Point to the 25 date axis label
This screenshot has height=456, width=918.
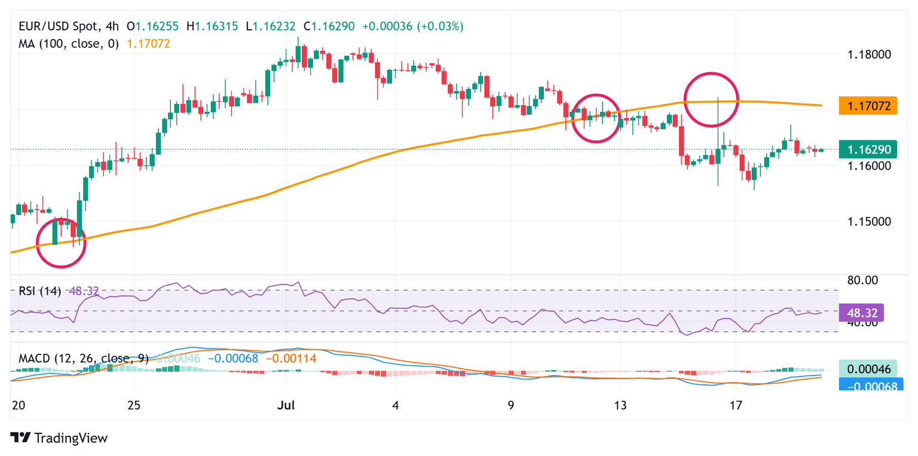[134, 405]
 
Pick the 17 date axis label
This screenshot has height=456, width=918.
[736, 405]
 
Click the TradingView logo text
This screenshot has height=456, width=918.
[71, 438]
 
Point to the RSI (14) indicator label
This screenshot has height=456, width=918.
[38, 292]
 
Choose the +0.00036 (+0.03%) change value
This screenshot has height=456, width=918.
[420, 26]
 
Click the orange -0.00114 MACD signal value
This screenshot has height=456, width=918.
[290, 359]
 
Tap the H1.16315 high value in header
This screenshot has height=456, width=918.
[212, 26]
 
